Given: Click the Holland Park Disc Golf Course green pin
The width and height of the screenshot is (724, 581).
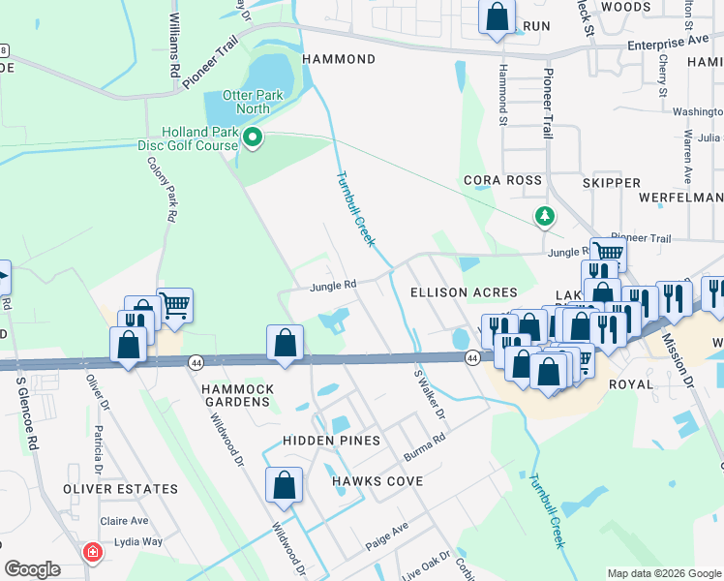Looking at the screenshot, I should tap(254, 137).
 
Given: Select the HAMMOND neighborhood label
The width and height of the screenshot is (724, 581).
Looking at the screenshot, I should tap(339, 59).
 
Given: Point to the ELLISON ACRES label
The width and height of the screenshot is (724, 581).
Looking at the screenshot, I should tap(464, 292).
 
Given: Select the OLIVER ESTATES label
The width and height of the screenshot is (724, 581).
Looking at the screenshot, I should tap(121, 490).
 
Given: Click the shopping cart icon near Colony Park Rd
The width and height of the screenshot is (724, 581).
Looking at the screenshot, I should tap(174, 306).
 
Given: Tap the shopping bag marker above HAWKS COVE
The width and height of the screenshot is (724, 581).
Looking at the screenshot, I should tap(285, 485).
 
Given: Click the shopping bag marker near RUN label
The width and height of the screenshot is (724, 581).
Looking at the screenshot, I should tap(497, 17).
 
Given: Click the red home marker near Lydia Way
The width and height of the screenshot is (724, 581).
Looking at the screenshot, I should tap(93, 553).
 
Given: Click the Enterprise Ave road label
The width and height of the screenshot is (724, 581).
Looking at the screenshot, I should tap(668, 44).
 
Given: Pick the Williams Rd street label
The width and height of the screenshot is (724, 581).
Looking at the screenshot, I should tap(174, 58).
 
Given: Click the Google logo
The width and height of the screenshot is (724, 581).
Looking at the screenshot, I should tap(32, 569).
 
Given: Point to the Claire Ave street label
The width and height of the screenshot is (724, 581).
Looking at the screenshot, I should tap(130, 520).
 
